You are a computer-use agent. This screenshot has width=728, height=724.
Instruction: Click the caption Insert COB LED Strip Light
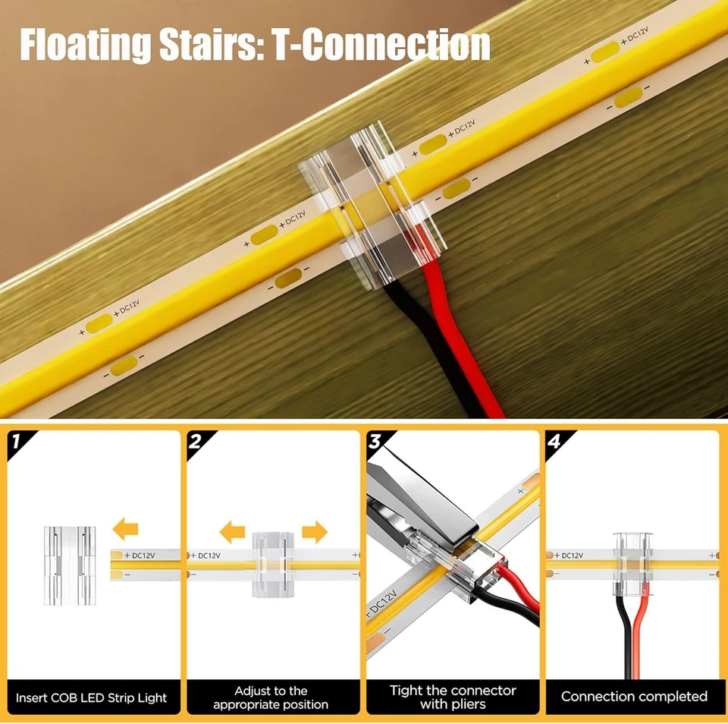[92, 697]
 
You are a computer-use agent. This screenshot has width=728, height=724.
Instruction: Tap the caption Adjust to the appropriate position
[271, 697]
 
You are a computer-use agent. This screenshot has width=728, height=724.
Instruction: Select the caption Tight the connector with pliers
[453, 697]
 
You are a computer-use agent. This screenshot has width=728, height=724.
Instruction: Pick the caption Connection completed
[634, 696]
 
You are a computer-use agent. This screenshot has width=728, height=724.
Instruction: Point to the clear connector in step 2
[271, 562]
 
